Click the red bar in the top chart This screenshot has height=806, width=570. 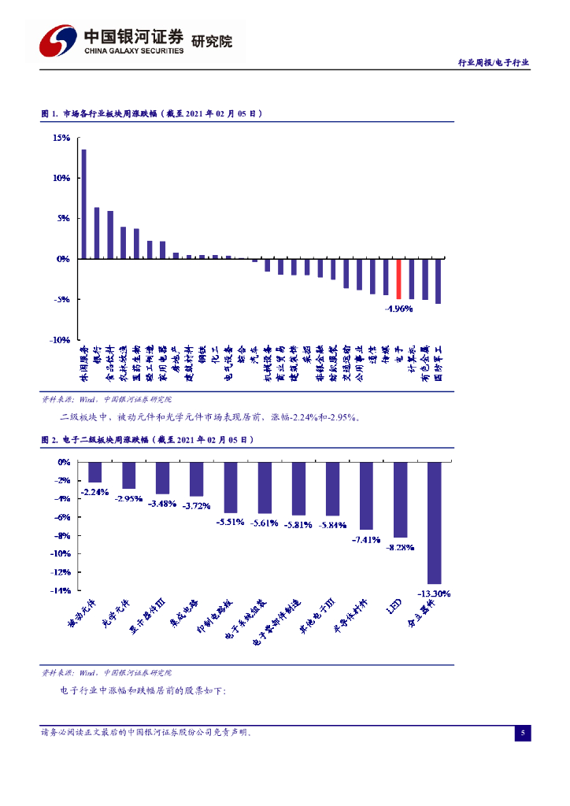coord(398,279)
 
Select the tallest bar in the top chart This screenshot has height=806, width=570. coord(84,204)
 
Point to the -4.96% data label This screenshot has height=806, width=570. coord(399,309)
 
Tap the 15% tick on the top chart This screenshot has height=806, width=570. coord(61,138)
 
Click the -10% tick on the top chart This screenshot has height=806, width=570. coord(60,339)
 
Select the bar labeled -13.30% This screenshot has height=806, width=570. coord(435,523)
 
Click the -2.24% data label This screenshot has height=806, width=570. coord(94,493)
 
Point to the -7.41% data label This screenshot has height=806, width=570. coord(366,540)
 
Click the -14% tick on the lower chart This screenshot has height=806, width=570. coord(61,590)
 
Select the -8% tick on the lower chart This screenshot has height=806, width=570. coord(63,535)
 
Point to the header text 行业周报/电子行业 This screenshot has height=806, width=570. coord(494,62)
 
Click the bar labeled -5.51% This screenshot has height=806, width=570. coord(231,488)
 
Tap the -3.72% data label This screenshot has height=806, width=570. coord(197,505)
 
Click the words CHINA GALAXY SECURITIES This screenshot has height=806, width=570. coord(133,50)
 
